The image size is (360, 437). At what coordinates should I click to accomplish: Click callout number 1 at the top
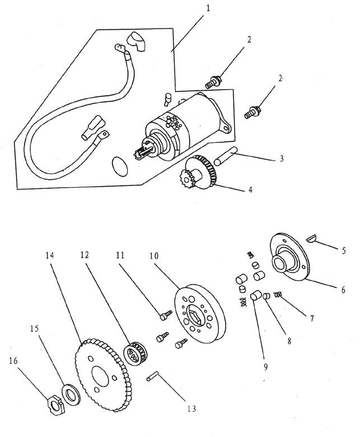[x=208, y=8]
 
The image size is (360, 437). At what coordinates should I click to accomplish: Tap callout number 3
[x=282, y=159]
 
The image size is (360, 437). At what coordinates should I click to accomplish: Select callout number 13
[x=192, y=408]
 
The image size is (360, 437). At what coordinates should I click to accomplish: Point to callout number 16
[x=13, y=361]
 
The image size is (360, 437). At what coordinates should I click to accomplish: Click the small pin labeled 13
[x=153, y=376]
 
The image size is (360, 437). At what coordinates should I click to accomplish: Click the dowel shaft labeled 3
[x=226, y=156]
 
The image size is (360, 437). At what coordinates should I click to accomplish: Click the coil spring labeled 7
[x=278, y=295]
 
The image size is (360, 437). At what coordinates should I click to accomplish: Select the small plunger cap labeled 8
[x=267, y=295]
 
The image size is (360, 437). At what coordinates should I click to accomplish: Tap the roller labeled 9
[x=256, y=295]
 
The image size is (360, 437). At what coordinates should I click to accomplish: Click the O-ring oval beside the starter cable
[x=120, y=166]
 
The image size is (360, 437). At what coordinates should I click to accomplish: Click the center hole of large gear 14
[x=101, y=376]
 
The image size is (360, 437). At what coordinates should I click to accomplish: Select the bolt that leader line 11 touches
[x=166, y=315]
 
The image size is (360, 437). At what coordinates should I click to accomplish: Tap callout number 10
[x=154, y=256]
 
